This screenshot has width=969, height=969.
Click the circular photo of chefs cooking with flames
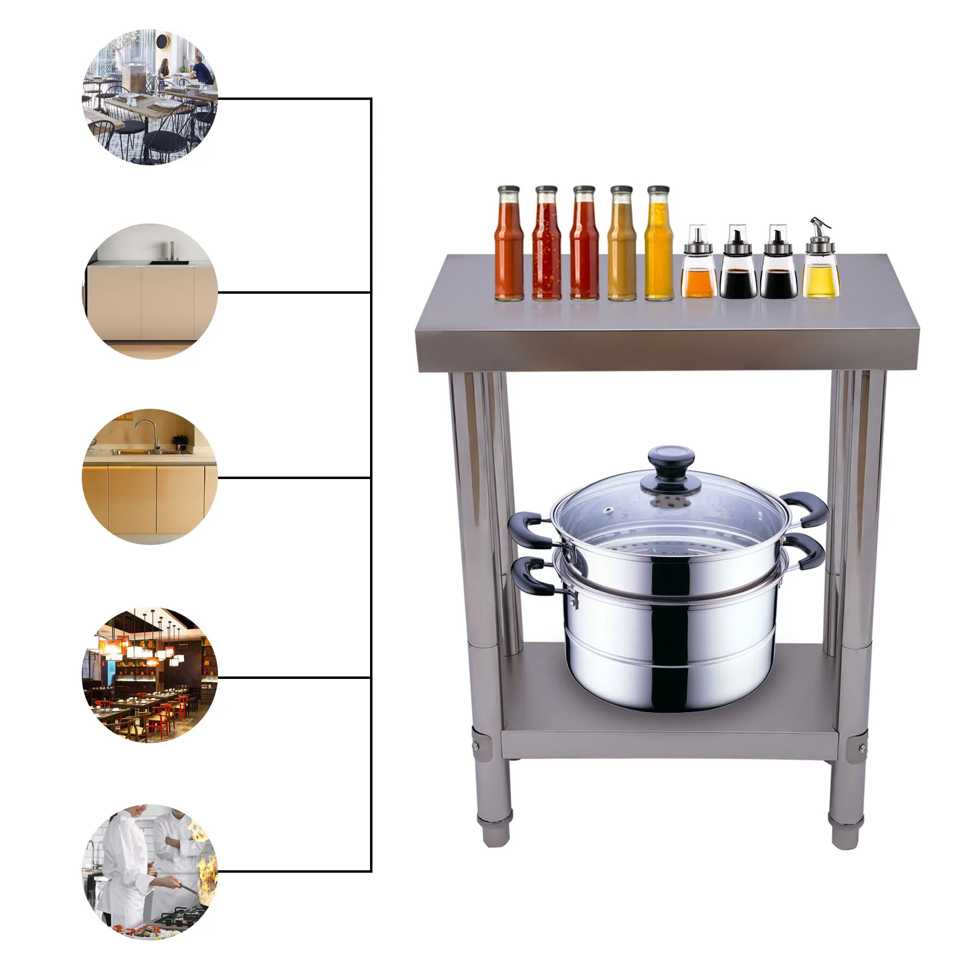coord(150,871)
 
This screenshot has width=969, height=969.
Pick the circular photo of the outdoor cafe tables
coord(150,97)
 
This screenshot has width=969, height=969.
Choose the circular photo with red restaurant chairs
coord(150,675)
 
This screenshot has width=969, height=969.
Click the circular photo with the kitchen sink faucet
coord(150,477)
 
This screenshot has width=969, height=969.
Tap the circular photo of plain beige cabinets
coord(150,292)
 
